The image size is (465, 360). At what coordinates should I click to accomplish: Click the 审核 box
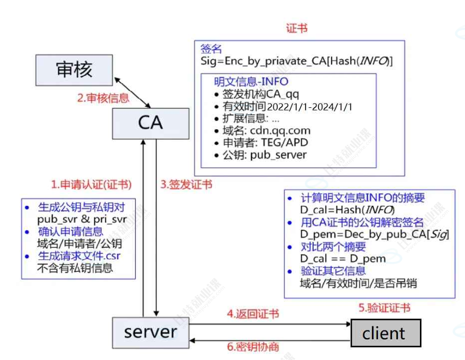[74, 69]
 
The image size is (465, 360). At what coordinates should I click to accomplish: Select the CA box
[150, 123]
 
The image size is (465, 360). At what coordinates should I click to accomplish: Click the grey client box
[384, 333]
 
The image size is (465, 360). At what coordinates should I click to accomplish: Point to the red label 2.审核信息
[103, 98]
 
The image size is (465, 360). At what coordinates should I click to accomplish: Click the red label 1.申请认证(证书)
[91, 184]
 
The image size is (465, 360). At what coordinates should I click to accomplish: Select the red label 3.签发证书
[186, 184]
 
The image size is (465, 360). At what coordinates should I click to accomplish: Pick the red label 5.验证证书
[384, 308]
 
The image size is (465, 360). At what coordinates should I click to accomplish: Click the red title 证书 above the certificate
[297, 28]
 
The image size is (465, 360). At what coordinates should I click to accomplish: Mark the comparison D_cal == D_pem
[343, 258]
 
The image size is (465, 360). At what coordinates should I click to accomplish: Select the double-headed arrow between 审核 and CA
[133, 91]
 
